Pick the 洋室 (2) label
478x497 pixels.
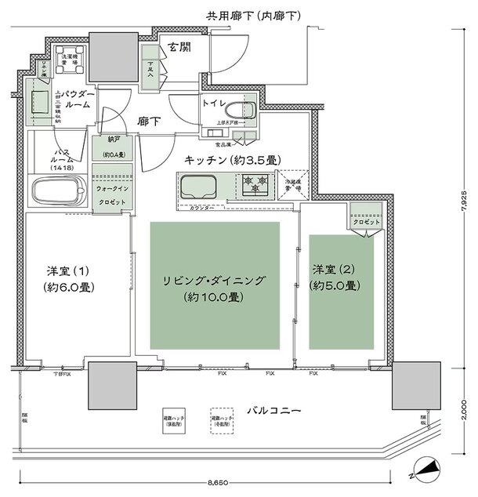(x=335, y=278)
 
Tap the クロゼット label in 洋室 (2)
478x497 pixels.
(x=365, y=223)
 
